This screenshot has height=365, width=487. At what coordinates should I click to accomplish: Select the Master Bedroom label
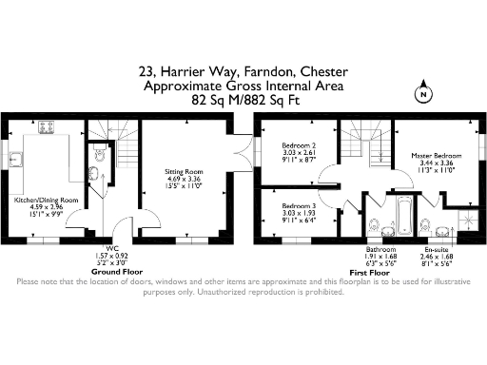437,156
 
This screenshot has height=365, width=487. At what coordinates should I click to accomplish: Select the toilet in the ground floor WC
99,155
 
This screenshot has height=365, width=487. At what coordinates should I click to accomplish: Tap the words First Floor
357,272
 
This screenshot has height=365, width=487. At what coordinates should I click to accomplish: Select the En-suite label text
438,250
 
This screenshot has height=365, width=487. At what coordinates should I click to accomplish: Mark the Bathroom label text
382,250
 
